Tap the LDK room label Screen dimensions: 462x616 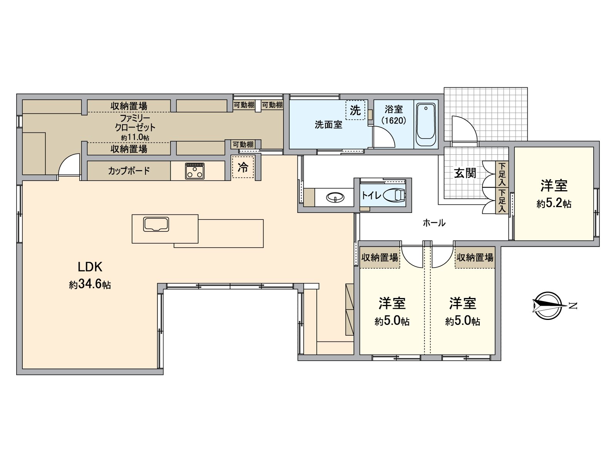(90, 267)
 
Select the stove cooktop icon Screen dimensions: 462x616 (195, 171)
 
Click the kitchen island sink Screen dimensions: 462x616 (156, 224)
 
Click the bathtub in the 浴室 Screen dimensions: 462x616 (426, 124)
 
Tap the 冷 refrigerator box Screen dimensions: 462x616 (243, 167)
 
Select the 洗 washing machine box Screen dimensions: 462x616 (355, 110)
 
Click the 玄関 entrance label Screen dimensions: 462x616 (465, 173)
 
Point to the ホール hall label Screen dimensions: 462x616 (434, 223)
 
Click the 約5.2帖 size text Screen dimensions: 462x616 (554, 204)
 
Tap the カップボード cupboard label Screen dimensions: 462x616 (129, 171)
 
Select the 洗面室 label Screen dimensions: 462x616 (328, 125)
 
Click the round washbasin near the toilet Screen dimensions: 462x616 (335, 198)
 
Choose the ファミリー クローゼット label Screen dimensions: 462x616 (135, 122)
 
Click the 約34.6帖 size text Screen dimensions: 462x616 (90, 285)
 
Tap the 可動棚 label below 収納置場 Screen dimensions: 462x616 (243, 144)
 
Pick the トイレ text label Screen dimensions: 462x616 (371, 196)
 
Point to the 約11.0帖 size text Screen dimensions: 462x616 (135, 137)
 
